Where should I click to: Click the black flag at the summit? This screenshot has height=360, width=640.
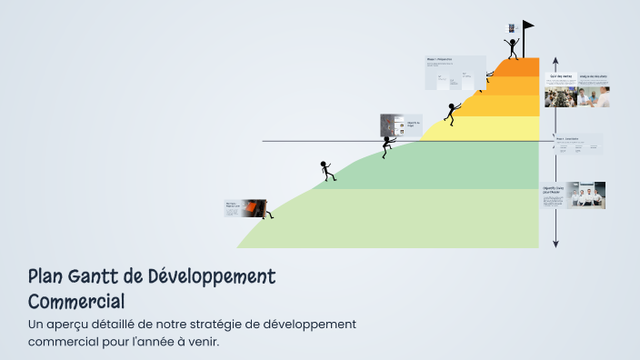click(528, 25)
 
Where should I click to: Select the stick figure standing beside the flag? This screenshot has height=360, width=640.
click(513, 46)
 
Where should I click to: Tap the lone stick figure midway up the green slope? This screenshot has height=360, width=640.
click(326, 170)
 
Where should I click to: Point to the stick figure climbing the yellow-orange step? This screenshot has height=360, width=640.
click(450, 114)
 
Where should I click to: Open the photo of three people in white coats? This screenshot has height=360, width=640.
click(586, 195)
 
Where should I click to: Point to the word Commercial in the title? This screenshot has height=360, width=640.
click(76, 300)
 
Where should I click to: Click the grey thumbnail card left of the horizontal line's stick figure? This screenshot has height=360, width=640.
click(388, 125)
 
